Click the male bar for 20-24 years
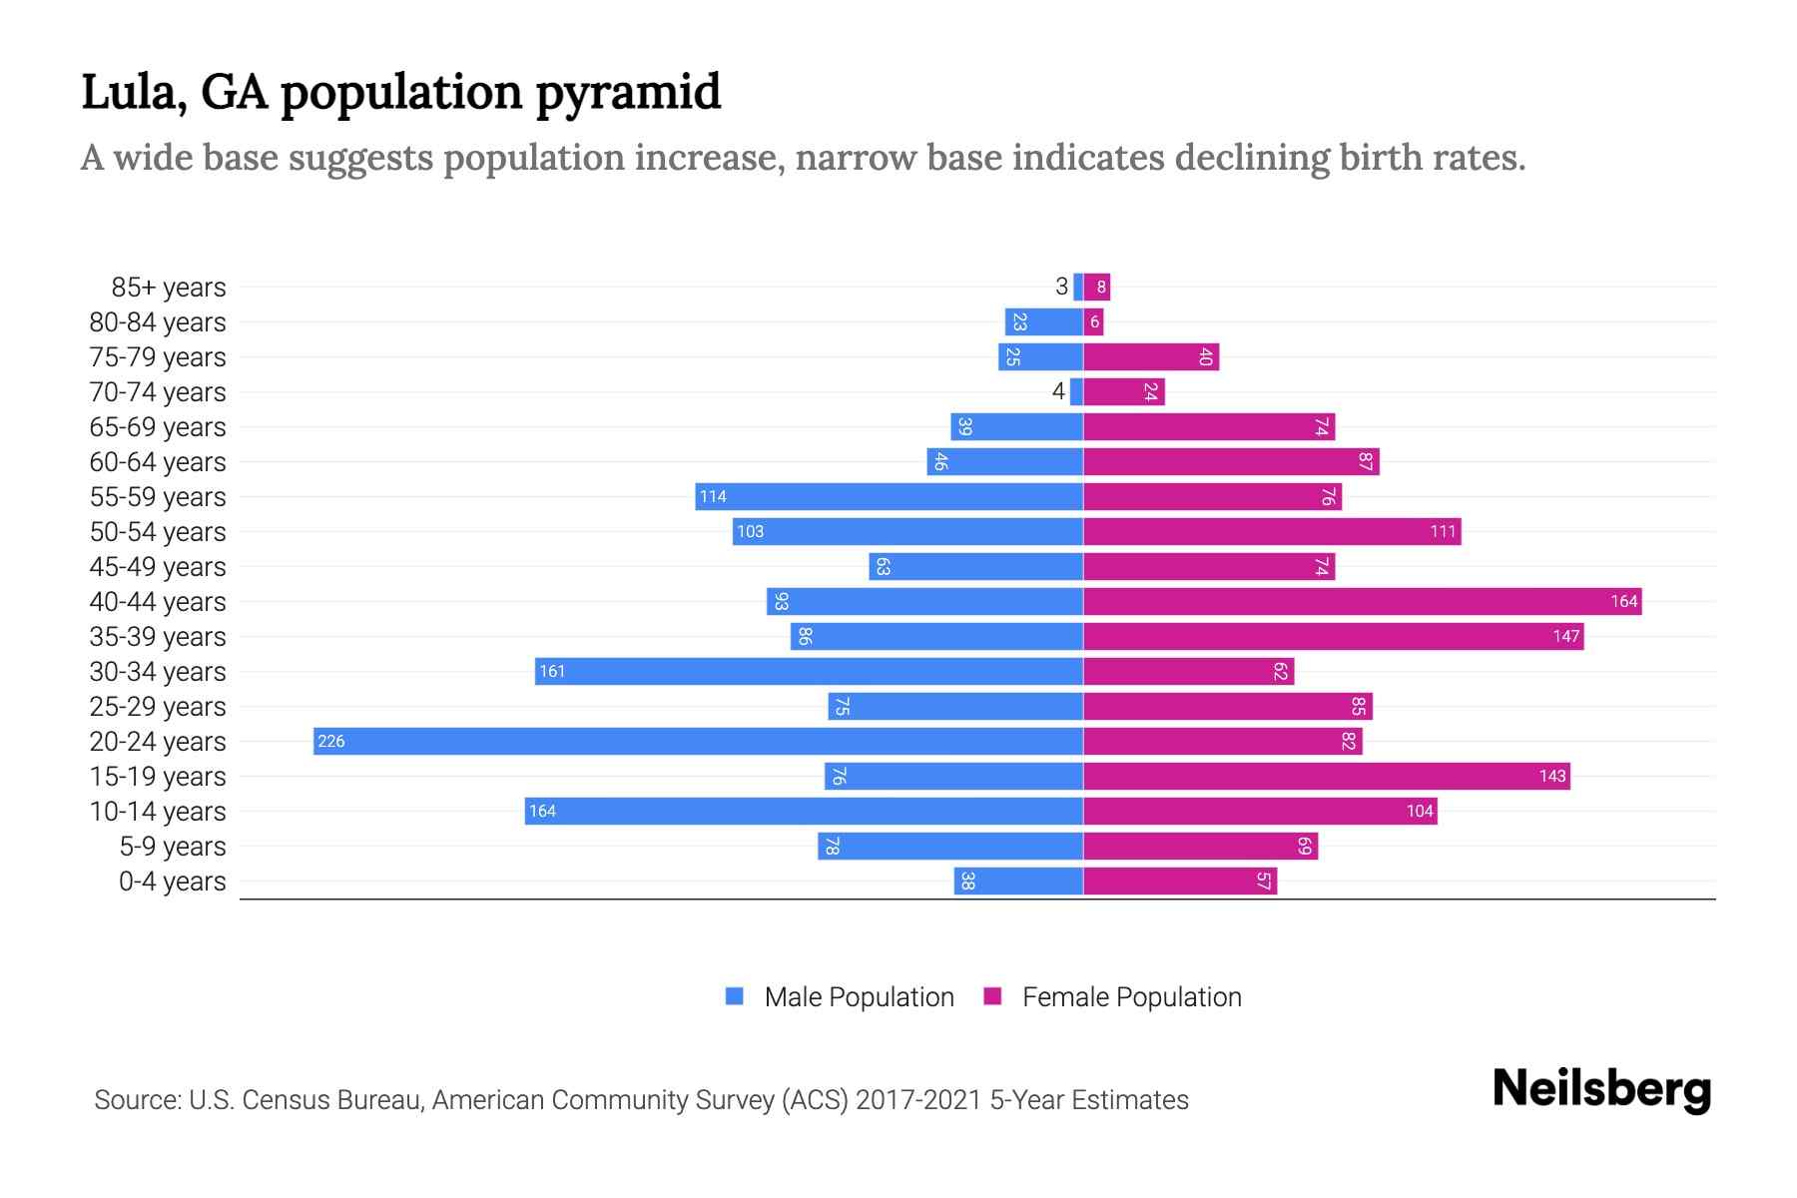[699, 741]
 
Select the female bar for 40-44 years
[1362, 601]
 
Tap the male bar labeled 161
[809, 671]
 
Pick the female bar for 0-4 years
[1180, 881]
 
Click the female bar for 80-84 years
[1094, 321]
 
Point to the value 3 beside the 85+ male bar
[1061, 287]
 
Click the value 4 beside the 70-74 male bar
[1058, 391]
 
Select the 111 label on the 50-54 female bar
[1443, 531]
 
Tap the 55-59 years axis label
[158, 496]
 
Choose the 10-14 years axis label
[158, 811]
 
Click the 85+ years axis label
[168, 287]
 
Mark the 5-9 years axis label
[172, 846]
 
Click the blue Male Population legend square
[735, 996]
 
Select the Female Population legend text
[1131, 996]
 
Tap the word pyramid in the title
[627, 92]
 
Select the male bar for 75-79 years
[1040, 356]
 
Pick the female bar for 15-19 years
[1326, 776]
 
